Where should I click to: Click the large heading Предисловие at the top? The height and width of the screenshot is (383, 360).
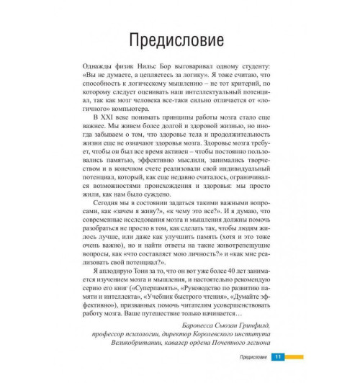pos(179,37)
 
